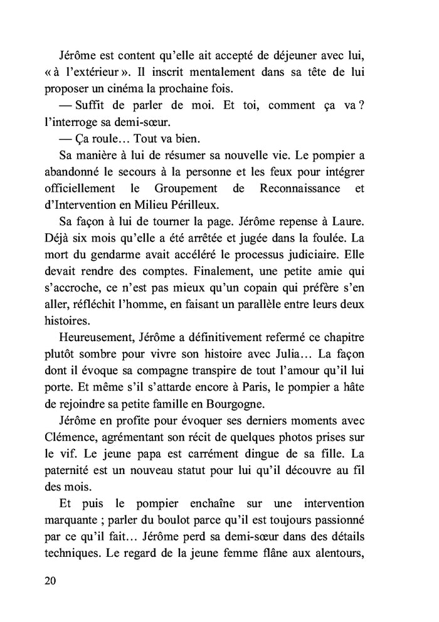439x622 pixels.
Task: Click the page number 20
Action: [51, 580]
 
